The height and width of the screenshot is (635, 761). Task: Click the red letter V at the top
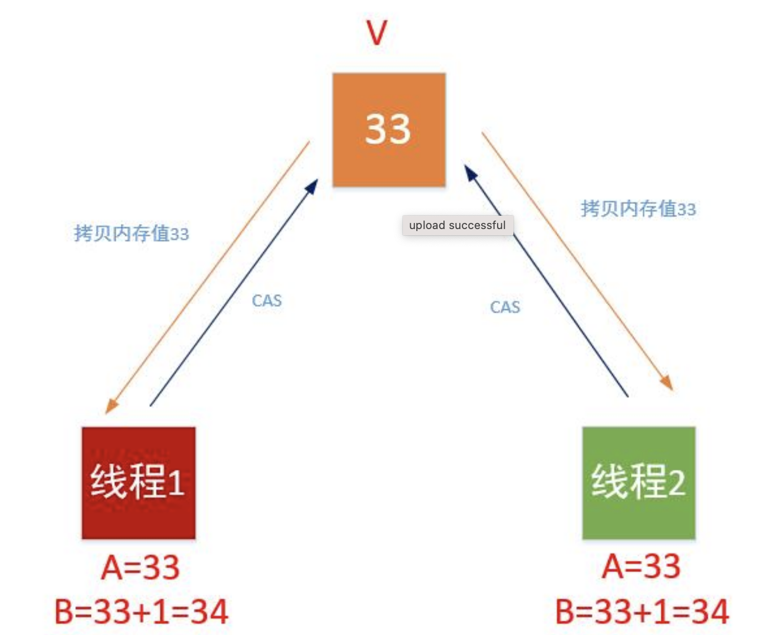point(376,32)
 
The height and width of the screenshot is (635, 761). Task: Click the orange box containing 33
point(389,129)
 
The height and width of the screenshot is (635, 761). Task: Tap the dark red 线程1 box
point(138,483)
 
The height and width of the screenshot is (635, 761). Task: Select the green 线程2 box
point(639,483)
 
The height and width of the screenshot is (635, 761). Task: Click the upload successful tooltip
point(457,225)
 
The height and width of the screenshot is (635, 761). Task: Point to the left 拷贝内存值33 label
point(131,233)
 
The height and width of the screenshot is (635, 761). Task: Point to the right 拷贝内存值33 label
point(638,209)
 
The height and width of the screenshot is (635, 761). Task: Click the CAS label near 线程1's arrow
point(266,301)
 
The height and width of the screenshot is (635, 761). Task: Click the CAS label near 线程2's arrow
point(505,307)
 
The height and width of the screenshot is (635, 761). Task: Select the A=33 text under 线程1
point(141,568)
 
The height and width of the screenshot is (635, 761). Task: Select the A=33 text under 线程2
point(641,566)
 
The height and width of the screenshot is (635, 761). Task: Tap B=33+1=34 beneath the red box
point(141,611)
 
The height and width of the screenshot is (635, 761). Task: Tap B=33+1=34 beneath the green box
point(642,611)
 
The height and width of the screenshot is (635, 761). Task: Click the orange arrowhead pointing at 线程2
point(667,383)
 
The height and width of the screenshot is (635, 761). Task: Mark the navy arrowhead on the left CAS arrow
point(311,186)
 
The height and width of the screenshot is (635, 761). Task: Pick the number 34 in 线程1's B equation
point(209,611)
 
